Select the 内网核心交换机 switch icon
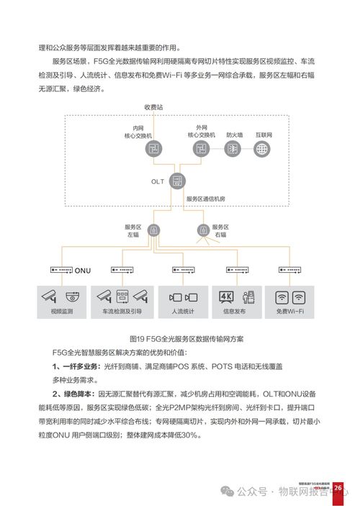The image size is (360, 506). (152, 148)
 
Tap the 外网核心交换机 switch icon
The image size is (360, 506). (202, 148)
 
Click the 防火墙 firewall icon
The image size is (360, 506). (233, 148)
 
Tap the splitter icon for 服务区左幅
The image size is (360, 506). (153, 230)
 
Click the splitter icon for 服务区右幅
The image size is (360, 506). (202, 230)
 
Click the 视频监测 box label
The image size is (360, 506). (62, 312)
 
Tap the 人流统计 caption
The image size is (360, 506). (181, 312)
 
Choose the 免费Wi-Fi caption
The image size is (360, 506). (292, 312)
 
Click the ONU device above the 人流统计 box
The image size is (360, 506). (180, 269)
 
